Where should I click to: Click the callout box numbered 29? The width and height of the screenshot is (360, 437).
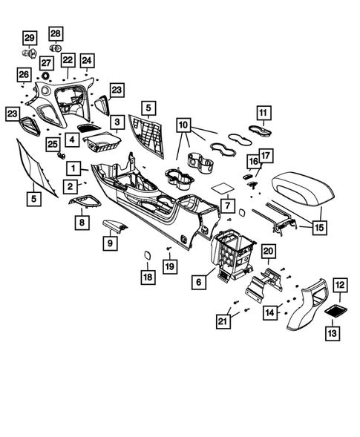(29, 38)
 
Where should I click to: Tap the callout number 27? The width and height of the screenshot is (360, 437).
(46, 63)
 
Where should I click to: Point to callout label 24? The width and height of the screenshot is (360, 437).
(88, 59)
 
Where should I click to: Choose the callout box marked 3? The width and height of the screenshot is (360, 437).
(117, 121)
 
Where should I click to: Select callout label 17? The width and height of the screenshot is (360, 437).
(266, 155)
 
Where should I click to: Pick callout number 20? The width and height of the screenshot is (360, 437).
(269, 253)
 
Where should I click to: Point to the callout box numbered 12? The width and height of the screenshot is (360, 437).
(338, 284)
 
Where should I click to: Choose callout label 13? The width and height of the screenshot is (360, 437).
(338, 334)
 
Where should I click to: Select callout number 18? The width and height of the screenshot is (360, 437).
(148, 277)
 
